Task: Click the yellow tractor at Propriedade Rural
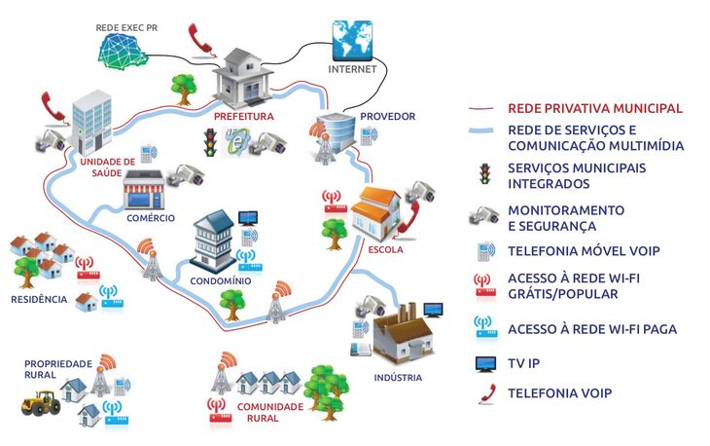click(x=39, y=399)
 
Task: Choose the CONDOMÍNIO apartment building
click(x=212, y=241)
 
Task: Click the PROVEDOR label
click(x=381, y=117)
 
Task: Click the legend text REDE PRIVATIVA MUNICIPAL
click(x=595, y=108)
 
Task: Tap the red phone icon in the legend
click(x=482, y=394)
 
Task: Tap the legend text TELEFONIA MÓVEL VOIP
click(x=584, y=251)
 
